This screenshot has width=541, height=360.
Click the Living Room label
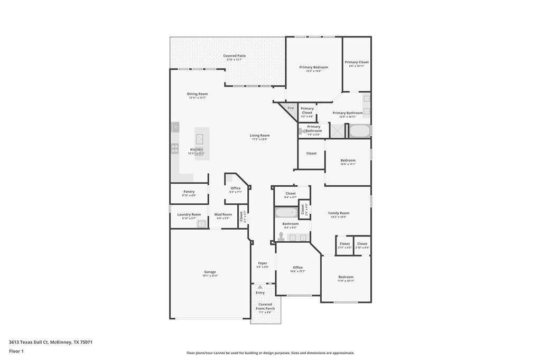tap(259, 135)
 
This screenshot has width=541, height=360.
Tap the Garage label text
tap(210, 272)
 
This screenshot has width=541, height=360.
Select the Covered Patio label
tap(234, 55)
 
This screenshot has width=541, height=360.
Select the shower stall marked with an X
tap(337, 131)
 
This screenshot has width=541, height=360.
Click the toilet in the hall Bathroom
tap(281, 237)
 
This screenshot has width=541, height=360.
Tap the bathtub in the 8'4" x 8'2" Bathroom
tap(286, 213)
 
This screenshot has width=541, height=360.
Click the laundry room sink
tap(201, 224)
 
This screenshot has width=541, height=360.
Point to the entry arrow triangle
tap(260, 287)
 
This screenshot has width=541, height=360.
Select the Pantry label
tap(189, 192)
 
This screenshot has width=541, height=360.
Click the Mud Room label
tap(223, 214)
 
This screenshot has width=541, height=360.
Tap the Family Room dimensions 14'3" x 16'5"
tap(339, 217)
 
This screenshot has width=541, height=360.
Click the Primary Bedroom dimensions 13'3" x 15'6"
tap(313, 71)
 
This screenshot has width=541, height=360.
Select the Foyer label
tap(263, 263)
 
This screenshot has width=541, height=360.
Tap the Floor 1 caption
tap(16, 351)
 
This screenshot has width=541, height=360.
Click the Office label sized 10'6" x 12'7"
tap(297, 268)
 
